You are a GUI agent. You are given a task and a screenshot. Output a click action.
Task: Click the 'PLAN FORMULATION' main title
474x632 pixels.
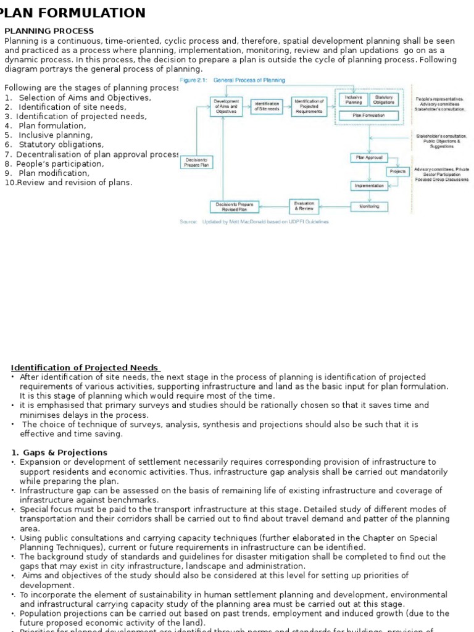(74, 13)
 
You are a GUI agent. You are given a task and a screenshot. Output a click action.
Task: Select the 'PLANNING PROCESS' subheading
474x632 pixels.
(49, 31)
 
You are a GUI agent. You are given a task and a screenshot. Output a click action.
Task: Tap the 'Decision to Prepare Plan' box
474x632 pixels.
(196, 162)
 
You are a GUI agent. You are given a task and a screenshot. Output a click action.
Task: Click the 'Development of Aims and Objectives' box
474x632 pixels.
(226, 106)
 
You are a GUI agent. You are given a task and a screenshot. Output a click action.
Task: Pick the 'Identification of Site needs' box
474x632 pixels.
(267, 106)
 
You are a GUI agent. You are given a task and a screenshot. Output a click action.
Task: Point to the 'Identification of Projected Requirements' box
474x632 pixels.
(309, 106)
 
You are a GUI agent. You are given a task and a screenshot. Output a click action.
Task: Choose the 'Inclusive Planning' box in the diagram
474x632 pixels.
(353, 100)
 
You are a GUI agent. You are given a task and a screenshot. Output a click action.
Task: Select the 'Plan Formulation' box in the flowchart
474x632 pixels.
(368, 115)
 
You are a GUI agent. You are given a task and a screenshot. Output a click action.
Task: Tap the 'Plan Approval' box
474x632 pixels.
(369, 157)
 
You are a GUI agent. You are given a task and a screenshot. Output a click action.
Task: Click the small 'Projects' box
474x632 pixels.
(397, 171)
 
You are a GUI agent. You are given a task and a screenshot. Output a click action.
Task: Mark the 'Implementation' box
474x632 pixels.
(369, 185)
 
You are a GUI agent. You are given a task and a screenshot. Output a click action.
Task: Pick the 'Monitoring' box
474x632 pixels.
(369, 206)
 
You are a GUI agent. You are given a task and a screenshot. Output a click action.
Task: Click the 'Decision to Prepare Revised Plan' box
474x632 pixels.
(235, 207)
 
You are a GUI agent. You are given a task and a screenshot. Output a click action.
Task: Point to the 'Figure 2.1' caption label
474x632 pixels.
(194, 80)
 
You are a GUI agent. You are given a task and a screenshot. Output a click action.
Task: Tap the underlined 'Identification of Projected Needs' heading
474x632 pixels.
(85, 368)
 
